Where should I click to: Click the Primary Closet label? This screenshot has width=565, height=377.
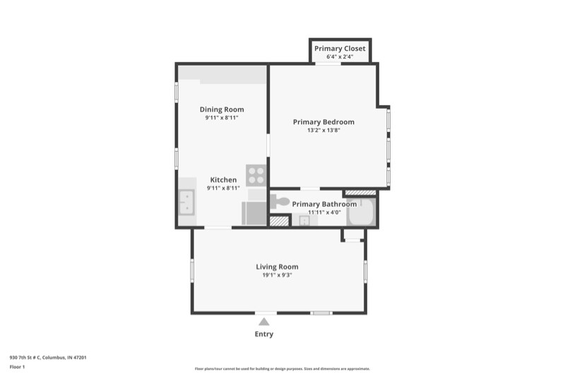pos(340,49)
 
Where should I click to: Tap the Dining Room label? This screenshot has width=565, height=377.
pos(222,109)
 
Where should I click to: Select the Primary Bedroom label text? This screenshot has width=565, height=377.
pos(323,122)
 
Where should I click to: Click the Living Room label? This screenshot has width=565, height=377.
pos(277,267)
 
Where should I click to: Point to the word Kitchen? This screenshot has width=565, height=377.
pos(223,180)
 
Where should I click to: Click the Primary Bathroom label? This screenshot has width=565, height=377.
pos(324,204)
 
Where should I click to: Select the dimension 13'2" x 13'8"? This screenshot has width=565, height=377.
pos(323,131)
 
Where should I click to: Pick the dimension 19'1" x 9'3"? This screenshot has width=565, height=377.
pos(277,275)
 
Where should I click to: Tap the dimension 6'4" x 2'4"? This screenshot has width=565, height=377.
pos(340,56)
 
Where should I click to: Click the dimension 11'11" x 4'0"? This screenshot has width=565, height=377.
pos(324,212)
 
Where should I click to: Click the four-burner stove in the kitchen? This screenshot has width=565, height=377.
pos(256,174)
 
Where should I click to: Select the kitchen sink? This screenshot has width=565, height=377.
pos(186,203)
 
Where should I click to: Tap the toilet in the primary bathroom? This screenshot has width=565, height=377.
pos(282,202)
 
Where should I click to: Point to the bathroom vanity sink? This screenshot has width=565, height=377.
pos(304,220)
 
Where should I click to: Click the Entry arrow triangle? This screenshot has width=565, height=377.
pos(264,322)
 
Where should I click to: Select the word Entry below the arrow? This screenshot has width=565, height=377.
pos(264,334)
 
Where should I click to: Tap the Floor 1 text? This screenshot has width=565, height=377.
pos(17,367)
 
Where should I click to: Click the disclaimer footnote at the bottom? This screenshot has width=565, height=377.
pos(282,369)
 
